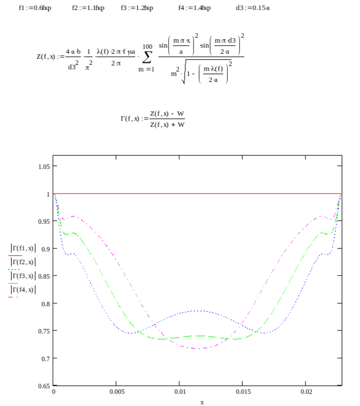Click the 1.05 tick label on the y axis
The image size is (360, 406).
pyautogui.click(x=44, y=167)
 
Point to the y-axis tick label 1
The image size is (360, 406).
pyautogui.click(x=48, y=194)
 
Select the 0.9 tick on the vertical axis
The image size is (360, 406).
pyautogui.click(x=44, y=249)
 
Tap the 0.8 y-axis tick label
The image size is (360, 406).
pyautogui.click(x=44, y=304)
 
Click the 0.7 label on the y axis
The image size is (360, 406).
pyautogui.click(x=44, y=359)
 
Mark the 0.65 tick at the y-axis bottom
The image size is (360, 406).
pyautogui.click(x=44, y=386)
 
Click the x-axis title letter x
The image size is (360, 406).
pyautogui.click(x=202, y=402)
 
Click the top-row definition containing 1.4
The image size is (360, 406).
pyautogui.click(x=195, y=8)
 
